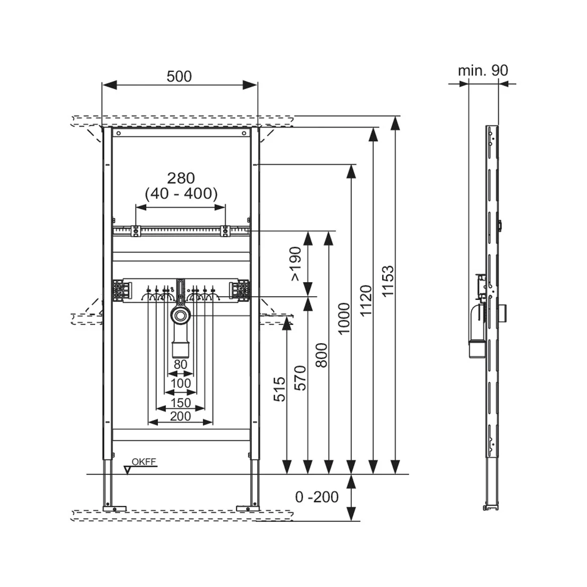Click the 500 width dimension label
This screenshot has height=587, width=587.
179,76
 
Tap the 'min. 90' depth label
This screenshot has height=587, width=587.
483,70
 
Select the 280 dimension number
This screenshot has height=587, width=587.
181,178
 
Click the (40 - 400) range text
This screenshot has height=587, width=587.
181,194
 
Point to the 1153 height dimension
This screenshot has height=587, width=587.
388,281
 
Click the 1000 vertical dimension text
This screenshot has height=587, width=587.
344,319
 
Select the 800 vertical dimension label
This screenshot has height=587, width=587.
321,355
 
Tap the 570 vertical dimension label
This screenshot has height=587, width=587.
300,378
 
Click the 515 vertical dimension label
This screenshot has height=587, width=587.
279,390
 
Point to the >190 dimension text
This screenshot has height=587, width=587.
296,264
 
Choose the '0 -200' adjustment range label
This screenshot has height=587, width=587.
316,497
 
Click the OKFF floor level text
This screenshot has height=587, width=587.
144,462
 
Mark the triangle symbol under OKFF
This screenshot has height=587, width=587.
128,470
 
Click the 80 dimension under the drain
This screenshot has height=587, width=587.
180,364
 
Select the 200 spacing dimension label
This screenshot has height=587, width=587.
180,416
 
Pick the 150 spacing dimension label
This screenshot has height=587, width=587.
180,403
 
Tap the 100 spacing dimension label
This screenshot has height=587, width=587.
180,383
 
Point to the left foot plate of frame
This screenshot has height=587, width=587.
114,509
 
